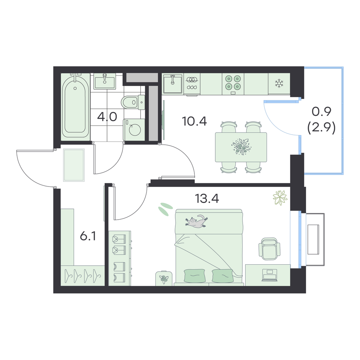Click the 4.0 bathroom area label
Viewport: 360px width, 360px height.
107,117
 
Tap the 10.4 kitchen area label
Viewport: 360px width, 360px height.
194,121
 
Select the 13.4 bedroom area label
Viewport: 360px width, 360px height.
207,198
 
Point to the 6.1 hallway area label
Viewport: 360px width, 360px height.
88,236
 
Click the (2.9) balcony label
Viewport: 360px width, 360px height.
321,128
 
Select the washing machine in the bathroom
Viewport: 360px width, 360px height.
134,130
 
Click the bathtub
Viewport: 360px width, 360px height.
75,107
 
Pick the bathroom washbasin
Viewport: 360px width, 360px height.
104,81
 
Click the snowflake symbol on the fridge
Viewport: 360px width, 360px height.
279,84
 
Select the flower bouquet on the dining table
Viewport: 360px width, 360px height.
241,147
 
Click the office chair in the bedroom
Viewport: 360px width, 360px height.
269,249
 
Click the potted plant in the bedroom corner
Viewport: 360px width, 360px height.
280,198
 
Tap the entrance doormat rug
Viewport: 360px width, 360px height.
74,165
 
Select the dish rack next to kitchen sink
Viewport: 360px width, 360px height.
192,84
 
